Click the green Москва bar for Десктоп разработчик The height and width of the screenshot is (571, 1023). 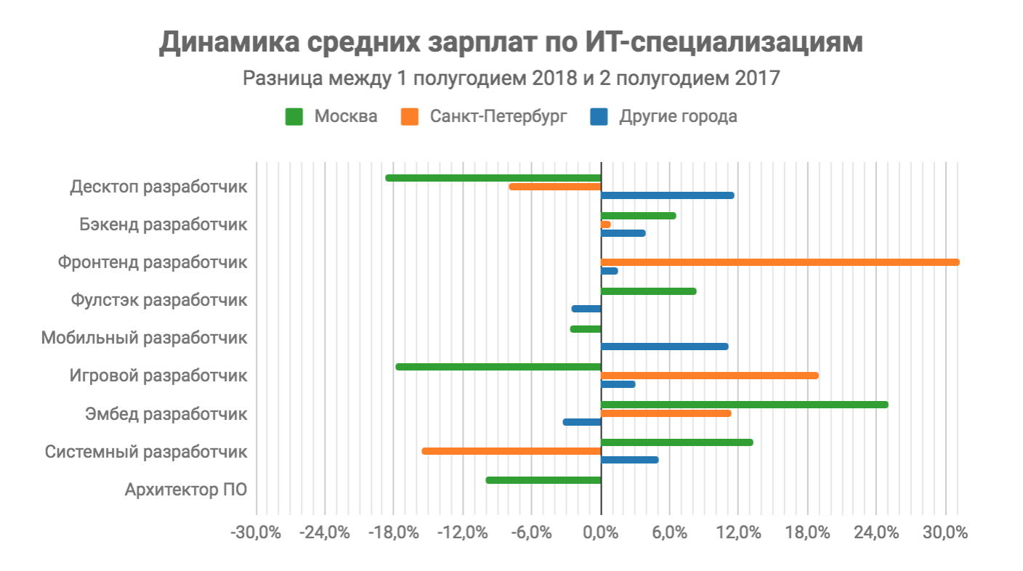(493, 178)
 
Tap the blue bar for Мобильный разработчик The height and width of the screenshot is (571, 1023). (664, 347)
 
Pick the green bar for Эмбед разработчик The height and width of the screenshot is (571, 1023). (744, 405)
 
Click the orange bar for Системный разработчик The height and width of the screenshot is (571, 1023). (511, 451)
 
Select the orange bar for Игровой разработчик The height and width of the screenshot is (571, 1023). (710, 376)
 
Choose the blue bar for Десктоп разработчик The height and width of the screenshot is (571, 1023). (668, 195)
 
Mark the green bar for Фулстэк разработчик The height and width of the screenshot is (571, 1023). (648, 291)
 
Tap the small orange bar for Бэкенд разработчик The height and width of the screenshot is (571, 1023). (606, 224)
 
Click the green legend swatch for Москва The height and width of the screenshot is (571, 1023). (294, 116)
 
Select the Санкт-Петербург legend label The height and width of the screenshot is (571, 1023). (498, 116)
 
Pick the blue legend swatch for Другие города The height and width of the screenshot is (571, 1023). (599, 116)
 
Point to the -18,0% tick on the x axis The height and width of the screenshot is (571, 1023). (395, 532)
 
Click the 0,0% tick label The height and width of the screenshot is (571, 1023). (601, 532)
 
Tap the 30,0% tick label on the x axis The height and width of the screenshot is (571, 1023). (945, 532)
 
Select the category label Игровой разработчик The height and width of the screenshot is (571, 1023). (158, 376)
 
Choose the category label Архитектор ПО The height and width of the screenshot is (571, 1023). (186, 490)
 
